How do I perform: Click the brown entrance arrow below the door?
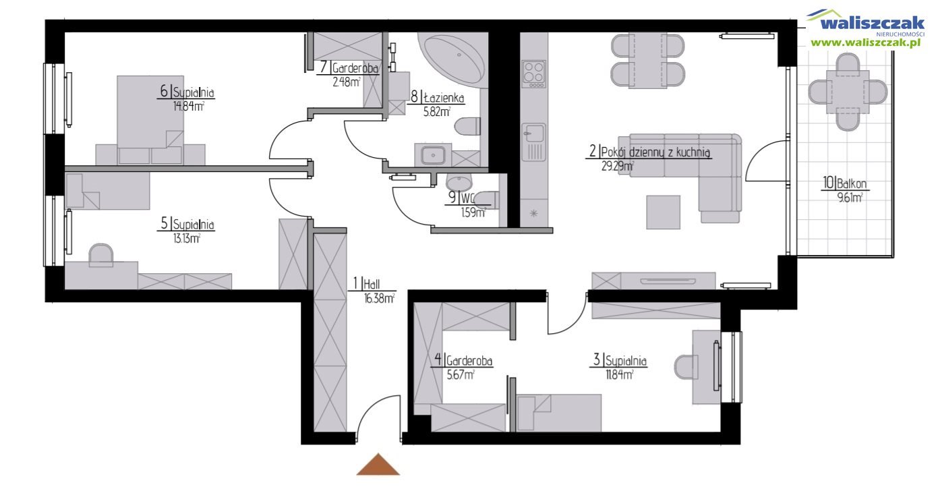378,465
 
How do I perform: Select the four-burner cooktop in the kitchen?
533,74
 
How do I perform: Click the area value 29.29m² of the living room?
618,167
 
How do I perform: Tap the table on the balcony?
848,92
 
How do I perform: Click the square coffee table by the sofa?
663,212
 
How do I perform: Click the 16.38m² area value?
379,299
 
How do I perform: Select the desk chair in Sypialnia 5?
101,255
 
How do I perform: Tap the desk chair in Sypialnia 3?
687,367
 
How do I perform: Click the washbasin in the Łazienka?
433,156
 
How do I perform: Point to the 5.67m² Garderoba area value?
461,375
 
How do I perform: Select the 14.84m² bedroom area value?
188,107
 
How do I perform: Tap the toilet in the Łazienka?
467,126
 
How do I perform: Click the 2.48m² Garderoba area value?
346,82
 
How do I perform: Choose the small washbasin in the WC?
459,182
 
